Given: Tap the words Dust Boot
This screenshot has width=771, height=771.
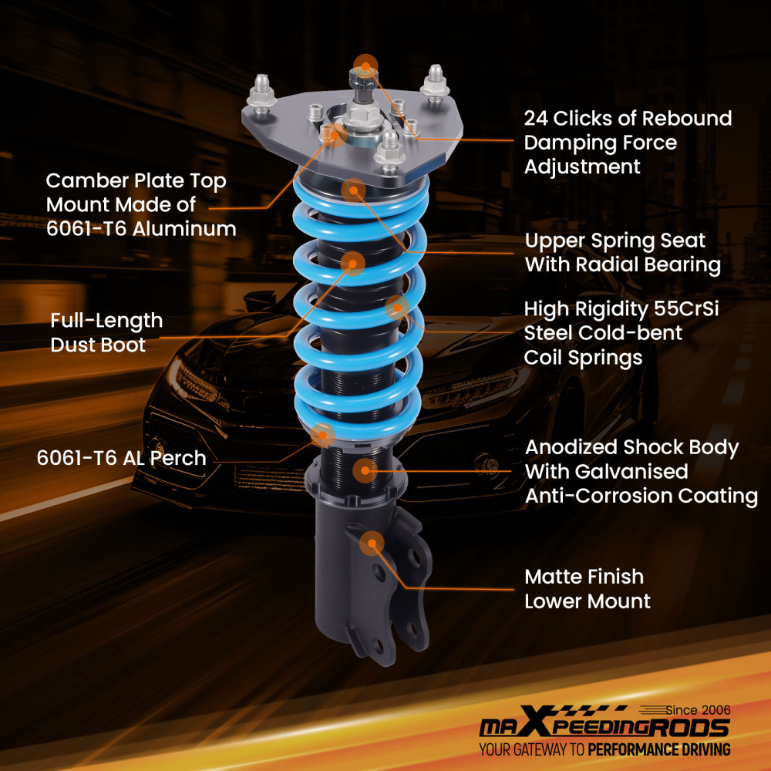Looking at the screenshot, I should (x=98, y=345).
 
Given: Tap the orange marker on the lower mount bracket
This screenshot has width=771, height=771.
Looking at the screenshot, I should (x=372, y=543).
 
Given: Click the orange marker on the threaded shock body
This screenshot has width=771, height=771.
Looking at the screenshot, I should (x=365, y=469).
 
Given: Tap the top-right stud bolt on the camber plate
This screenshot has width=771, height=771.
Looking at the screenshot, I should (x=436, y=82).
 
